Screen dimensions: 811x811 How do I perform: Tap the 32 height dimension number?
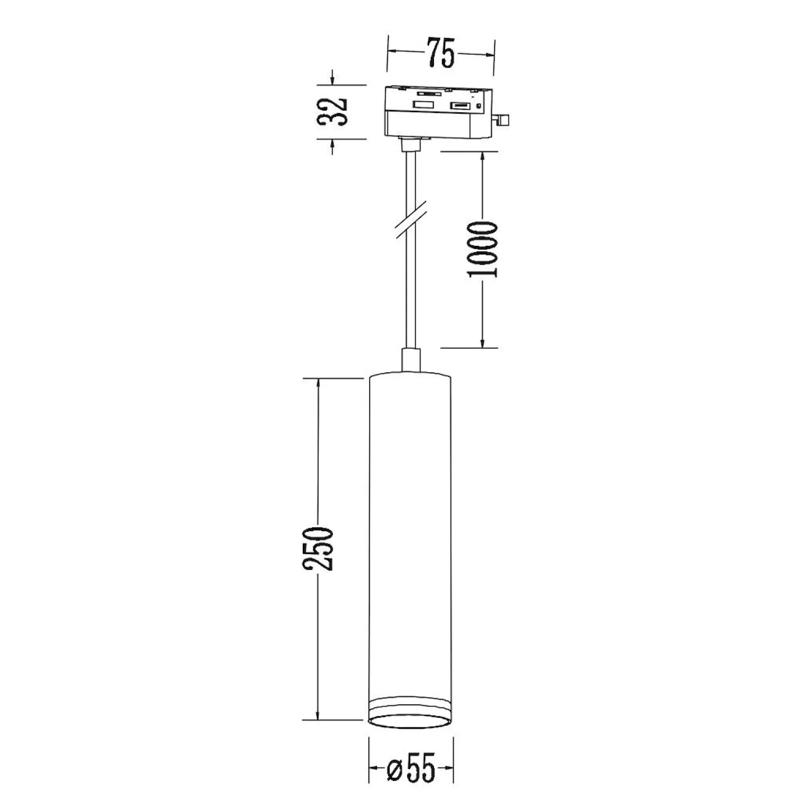[332, 111]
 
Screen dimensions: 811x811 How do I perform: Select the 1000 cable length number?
[482, 249]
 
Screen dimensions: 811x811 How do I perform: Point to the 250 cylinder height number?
[318, 548]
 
